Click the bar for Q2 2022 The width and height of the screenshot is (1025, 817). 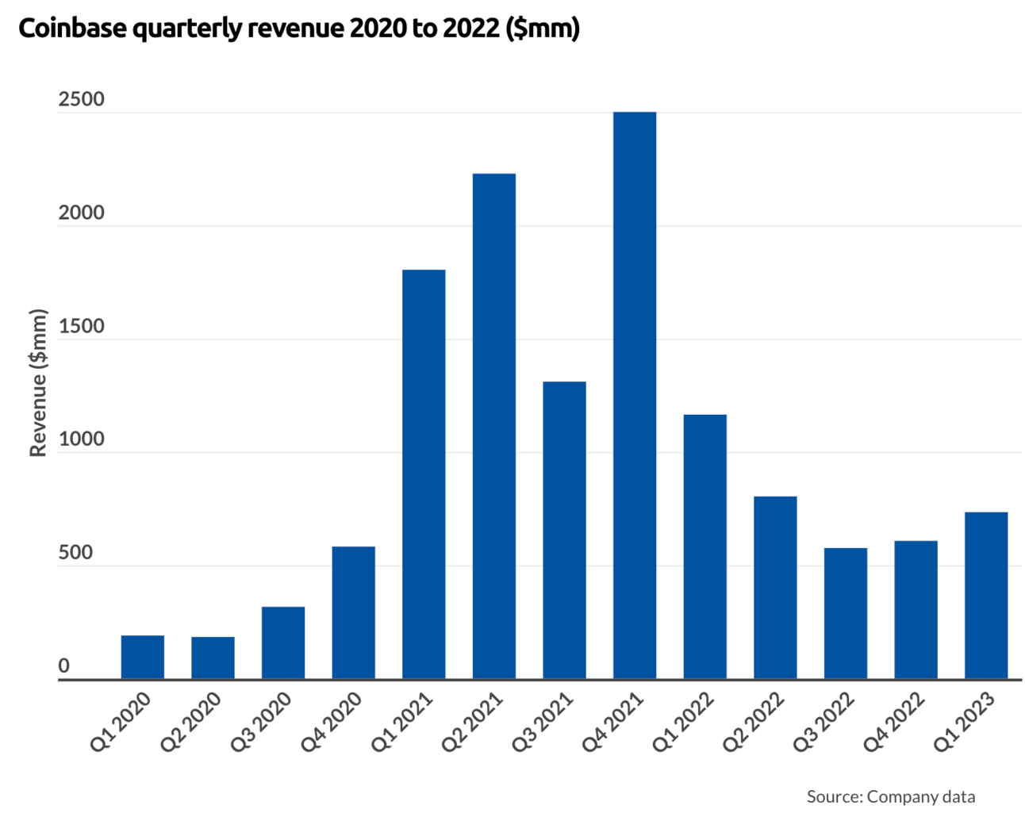(775, 588)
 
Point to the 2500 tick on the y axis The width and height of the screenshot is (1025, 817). (81, 100)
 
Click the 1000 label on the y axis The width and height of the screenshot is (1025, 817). (81, 440)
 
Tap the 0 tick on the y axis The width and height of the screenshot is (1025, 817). (64, 667)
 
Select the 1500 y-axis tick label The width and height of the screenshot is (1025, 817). (81, 327)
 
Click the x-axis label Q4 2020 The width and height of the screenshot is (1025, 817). (332, 721)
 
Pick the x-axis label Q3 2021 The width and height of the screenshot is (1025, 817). (543, 721)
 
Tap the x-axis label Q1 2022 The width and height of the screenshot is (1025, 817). (684, 721)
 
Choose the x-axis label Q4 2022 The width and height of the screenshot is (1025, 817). (895, 721)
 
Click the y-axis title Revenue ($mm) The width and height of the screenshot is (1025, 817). (38, 382)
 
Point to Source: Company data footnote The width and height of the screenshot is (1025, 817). (890, 796)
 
